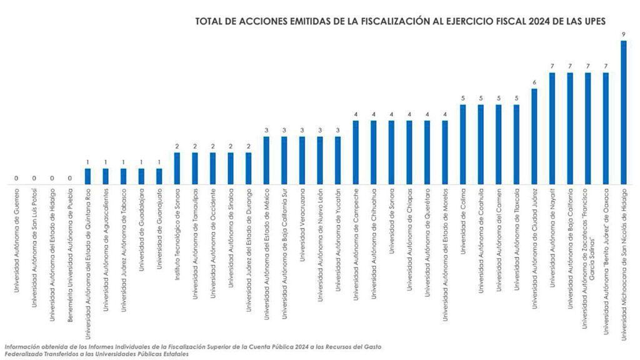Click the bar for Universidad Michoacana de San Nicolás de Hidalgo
click(x=623, y=112)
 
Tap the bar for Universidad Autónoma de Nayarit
click(x=552, y=128)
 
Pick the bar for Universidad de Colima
click(x=463, y=144)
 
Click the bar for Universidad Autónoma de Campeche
click(x=356, y=152)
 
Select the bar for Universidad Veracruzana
click(x=302, y=161)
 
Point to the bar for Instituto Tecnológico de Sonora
click(x=177, y=169)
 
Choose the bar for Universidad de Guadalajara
click(x=141, y=176)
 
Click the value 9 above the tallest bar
click(x=623, y=34)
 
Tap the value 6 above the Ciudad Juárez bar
click(x=534, y=82)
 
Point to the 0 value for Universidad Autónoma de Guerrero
click(x=16, y=178)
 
